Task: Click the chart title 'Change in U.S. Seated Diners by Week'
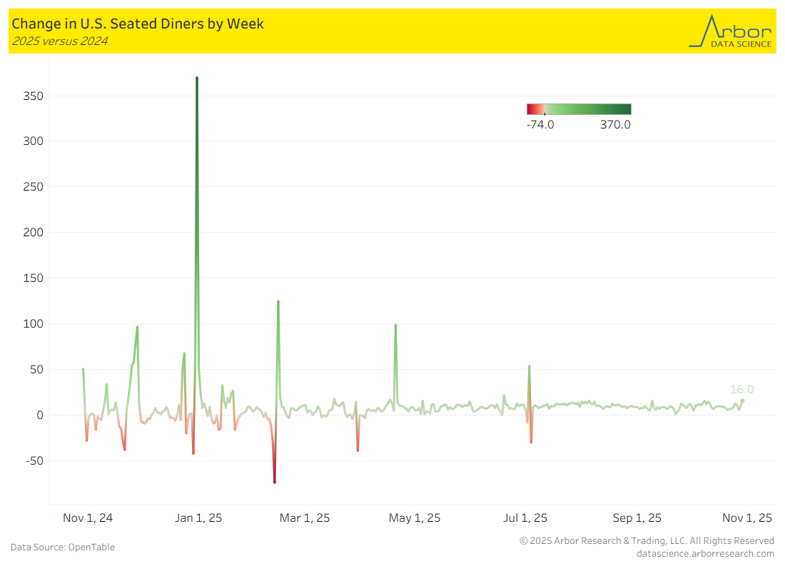138,24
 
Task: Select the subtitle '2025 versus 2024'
59,41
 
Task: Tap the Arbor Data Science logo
730,31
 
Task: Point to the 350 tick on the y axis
32,96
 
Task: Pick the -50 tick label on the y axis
34,460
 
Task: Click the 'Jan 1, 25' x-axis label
198,518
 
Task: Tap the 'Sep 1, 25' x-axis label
637,518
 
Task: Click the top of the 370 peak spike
197,78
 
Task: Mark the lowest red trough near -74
274,482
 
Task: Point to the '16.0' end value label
741,390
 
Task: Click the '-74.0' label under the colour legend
540,125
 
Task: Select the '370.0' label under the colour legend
616,125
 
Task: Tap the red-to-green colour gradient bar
579,109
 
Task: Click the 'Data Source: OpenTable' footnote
63,547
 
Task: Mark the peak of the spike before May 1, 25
395,325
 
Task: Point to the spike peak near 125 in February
278,301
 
